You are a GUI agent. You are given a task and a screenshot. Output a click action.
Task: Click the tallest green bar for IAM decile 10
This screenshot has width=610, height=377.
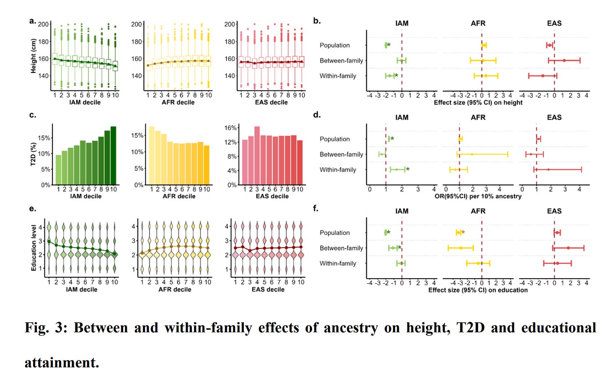[113, 155]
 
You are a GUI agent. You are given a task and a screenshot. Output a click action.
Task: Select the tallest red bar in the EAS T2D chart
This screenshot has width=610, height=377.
[257, 156]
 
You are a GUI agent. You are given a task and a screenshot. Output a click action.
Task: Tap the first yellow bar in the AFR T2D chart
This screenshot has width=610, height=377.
[152, 155]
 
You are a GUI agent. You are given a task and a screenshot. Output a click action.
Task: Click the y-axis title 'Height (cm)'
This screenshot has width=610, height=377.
[34, 56]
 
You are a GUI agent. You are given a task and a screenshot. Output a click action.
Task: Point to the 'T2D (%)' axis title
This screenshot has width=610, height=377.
[34, 154]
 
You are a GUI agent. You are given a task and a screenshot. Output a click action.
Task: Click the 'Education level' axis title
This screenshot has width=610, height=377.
[34, 248]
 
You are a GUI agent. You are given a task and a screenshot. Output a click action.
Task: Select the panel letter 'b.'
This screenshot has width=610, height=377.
[317, 21]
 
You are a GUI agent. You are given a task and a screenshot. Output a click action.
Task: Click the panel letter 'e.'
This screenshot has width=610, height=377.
[33, 208]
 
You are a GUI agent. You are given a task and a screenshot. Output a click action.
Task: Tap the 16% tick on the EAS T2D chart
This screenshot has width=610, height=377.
[230, 128]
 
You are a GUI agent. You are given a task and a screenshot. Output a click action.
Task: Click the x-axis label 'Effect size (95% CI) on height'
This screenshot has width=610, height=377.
[478, 103]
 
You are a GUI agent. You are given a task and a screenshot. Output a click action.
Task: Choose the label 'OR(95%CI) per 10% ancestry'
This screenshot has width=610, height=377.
[478, 196]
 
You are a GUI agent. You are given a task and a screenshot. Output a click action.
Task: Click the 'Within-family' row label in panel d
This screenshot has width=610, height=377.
[338, 169]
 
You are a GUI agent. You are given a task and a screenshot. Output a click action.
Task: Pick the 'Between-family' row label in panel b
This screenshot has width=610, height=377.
[341, 61]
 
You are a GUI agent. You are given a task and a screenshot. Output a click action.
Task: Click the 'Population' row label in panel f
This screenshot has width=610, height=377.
[334, 233]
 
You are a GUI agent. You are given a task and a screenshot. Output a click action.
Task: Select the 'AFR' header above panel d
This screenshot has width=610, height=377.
[478, 118]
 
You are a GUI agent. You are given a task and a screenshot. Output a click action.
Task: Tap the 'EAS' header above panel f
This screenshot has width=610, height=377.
[554, 211]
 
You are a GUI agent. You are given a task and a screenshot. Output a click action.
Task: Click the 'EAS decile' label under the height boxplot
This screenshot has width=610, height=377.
[271, 102]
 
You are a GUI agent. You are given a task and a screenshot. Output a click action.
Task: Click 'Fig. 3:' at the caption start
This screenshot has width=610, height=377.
[46, 328]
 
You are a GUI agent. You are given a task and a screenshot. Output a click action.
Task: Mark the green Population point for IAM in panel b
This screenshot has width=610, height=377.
[386, 45]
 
